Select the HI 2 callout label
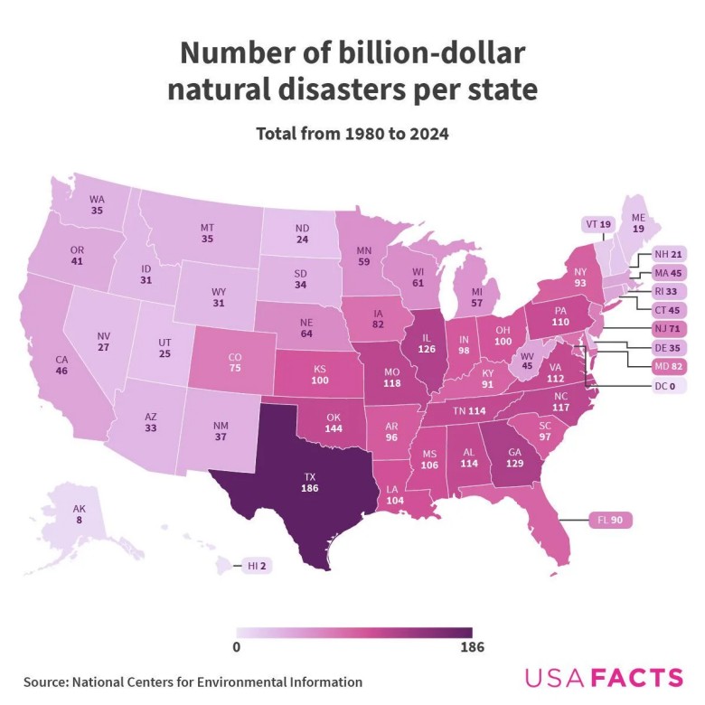point(257,566)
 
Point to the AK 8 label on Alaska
point(80,514)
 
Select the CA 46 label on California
point(61,365)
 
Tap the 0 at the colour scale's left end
point(236,647)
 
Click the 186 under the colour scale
point(472,647)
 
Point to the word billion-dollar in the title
point(425,53)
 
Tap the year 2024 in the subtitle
point(429,133)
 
